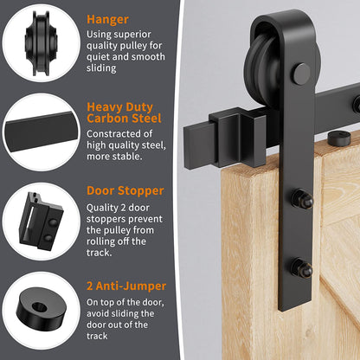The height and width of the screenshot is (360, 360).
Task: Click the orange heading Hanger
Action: point(107,20)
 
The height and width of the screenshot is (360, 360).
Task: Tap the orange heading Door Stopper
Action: point(125,190)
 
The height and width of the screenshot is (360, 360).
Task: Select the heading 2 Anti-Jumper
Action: point(126,286)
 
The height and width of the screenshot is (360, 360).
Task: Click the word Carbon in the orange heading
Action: point(107,119)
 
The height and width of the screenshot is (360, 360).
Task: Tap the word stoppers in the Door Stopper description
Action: point(106,219)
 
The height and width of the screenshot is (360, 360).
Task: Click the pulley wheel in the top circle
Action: point(42,43)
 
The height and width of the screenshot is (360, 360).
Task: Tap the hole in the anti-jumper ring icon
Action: point(40,307)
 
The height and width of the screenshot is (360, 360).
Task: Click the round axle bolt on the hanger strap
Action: point(301,74)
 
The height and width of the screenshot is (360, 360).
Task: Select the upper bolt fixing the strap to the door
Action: point(302,198)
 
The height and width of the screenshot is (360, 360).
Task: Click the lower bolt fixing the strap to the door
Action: point(302,267)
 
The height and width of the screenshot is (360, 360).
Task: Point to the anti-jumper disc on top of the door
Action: point(339,138)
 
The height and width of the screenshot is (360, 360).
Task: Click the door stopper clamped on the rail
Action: point(237,137)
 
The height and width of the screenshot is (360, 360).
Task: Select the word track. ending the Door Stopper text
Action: point(99,253)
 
